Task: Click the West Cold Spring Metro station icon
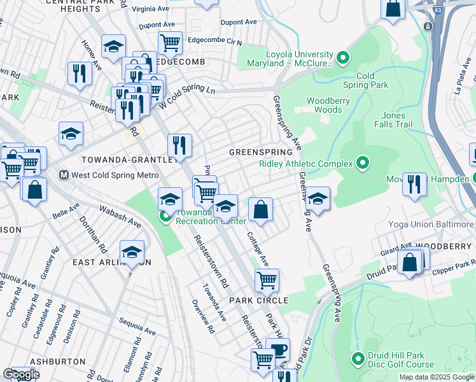point(64,174)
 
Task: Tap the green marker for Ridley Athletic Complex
point(363,164)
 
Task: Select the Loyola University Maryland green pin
point(343,59)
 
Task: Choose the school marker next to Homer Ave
point(113,46)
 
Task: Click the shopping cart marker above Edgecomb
point(170,43)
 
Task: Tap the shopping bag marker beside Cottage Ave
point(260,208)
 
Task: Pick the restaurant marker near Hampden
point(414,184)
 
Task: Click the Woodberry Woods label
point(324,105)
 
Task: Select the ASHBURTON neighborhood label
point(57,361)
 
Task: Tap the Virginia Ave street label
point(151,10)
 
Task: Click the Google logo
point(21,374)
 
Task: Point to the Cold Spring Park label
point(365,80)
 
